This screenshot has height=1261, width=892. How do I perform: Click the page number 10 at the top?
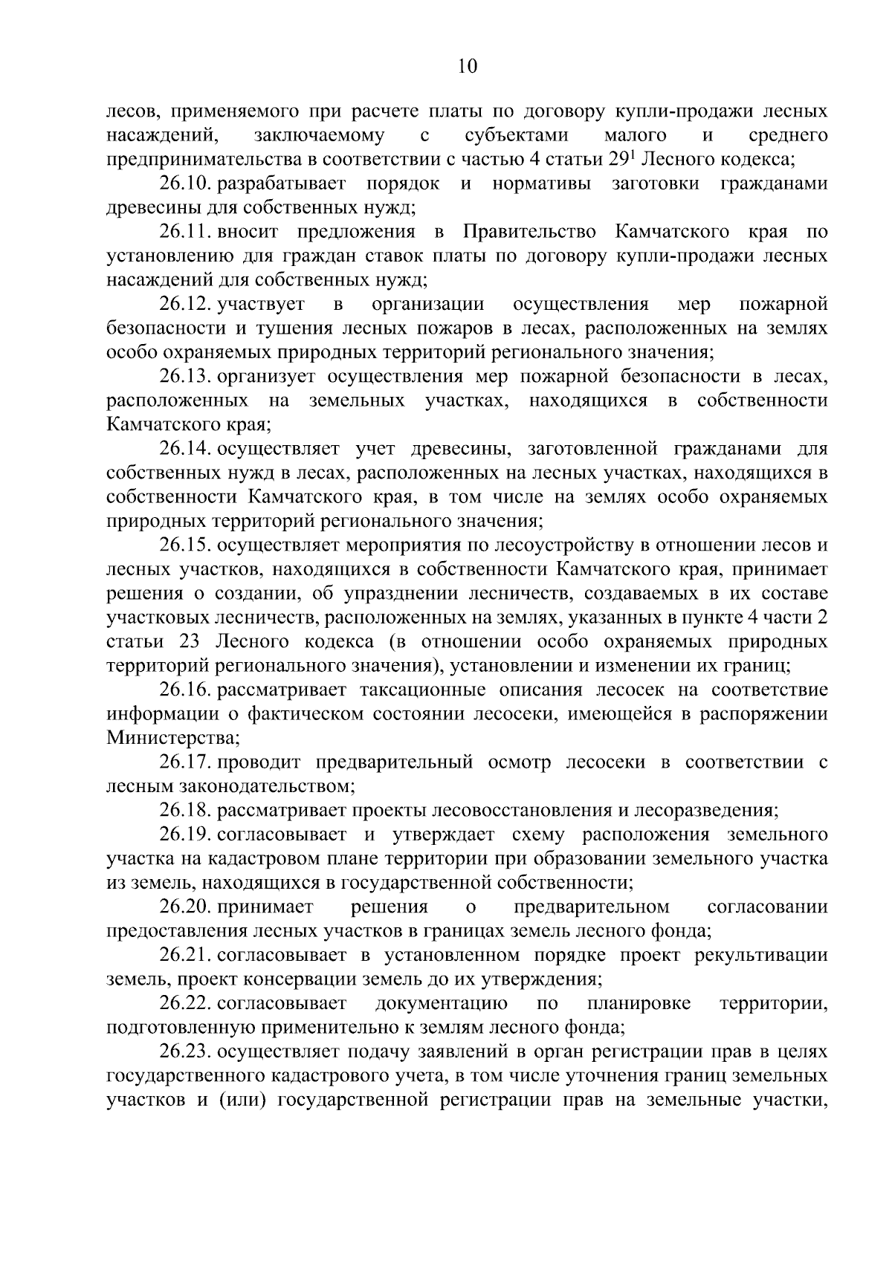click(468, 67)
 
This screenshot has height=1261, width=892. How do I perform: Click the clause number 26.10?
click(186, 184)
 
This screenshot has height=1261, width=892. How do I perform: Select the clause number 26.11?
click(186, 232)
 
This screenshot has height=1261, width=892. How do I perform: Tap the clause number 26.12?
click(186, 304)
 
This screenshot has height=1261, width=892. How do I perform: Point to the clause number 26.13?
click(186, 377)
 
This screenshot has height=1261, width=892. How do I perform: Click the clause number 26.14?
click(186, 449)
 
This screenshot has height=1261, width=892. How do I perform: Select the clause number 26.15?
click(186, 545)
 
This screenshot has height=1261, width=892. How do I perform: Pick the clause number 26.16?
click(186, 690)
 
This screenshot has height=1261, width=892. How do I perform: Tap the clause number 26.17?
click(186, 762)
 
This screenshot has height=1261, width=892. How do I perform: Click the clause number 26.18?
click(186, 811)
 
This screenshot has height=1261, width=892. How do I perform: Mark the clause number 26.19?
click(186, 834)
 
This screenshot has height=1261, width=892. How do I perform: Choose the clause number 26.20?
click(186, 907)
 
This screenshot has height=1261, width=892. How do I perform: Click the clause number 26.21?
click(186, 956)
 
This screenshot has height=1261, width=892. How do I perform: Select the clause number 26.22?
click(186, 1004)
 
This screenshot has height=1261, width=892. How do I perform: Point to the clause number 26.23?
click(186, 1052)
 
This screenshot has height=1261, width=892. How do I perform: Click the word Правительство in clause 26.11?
click(529, 232)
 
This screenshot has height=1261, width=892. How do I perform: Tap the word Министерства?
click(172, 739)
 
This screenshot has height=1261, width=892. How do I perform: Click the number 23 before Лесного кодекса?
click(190, 642)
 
